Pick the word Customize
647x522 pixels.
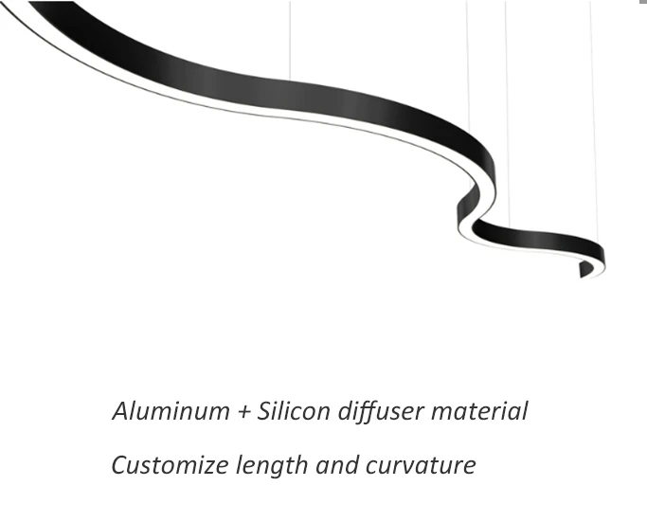coord(170,466)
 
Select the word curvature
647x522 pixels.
coord(420,466)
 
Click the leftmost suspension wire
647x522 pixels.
coord(290,38)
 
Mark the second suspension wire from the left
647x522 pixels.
coord(467,66)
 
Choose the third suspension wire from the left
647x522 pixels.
coord(507,114)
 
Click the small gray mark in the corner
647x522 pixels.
coord(643,3)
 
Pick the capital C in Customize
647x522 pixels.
coord(119,466)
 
